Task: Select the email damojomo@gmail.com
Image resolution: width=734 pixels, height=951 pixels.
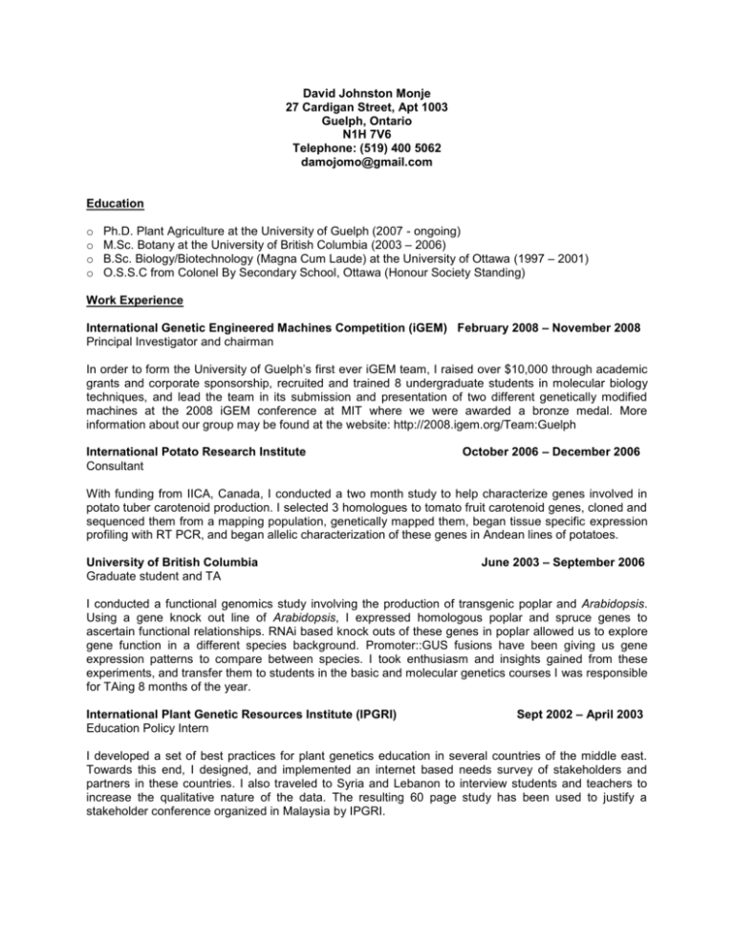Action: click(366, 163)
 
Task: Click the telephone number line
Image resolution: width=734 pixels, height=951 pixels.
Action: click(366, 148)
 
